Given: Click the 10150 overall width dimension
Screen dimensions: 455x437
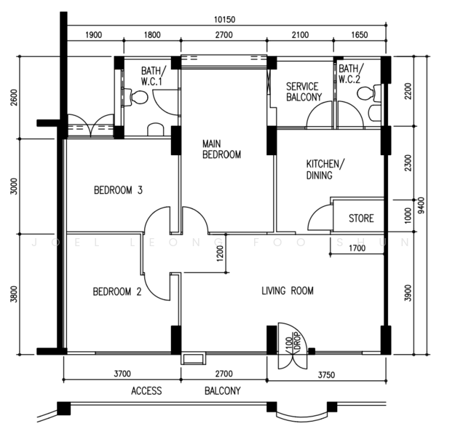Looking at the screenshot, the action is [225, 20].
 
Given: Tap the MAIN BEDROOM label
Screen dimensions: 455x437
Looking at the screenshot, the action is [222, 149].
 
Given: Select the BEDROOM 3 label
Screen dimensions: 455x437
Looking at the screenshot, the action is [119, 190].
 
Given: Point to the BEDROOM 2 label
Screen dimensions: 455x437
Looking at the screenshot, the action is [117, 291].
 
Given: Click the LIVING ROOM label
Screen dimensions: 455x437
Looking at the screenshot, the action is [288, 291].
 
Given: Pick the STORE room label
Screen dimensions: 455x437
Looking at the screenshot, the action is [361, 219].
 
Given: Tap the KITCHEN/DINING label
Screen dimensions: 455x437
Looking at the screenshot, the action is [325, 170].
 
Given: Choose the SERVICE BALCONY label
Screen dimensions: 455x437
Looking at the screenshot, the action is [304, 92].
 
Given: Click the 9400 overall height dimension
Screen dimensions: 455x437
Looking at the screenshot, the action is [422, 205].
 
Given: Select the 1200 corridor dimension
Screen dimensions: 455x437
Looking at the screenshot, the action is [221, 253].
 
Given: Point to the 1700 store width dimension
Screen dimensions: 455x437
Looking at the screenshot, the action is [357, 248].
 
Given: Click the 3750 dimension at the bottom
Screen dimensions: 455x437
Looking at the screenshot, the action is [326, 375].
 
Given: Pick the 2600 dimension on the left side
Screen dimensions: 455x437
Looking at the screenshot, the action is [14, 98].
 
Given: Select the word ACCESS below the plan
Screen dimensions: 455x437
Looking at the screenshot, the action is [146, 391].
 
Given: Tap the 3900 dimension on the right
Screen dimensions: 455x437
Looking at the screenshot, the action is [408, 294].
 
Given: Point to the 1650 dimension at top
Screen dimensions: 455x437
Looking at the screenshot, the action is [360, 35].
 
